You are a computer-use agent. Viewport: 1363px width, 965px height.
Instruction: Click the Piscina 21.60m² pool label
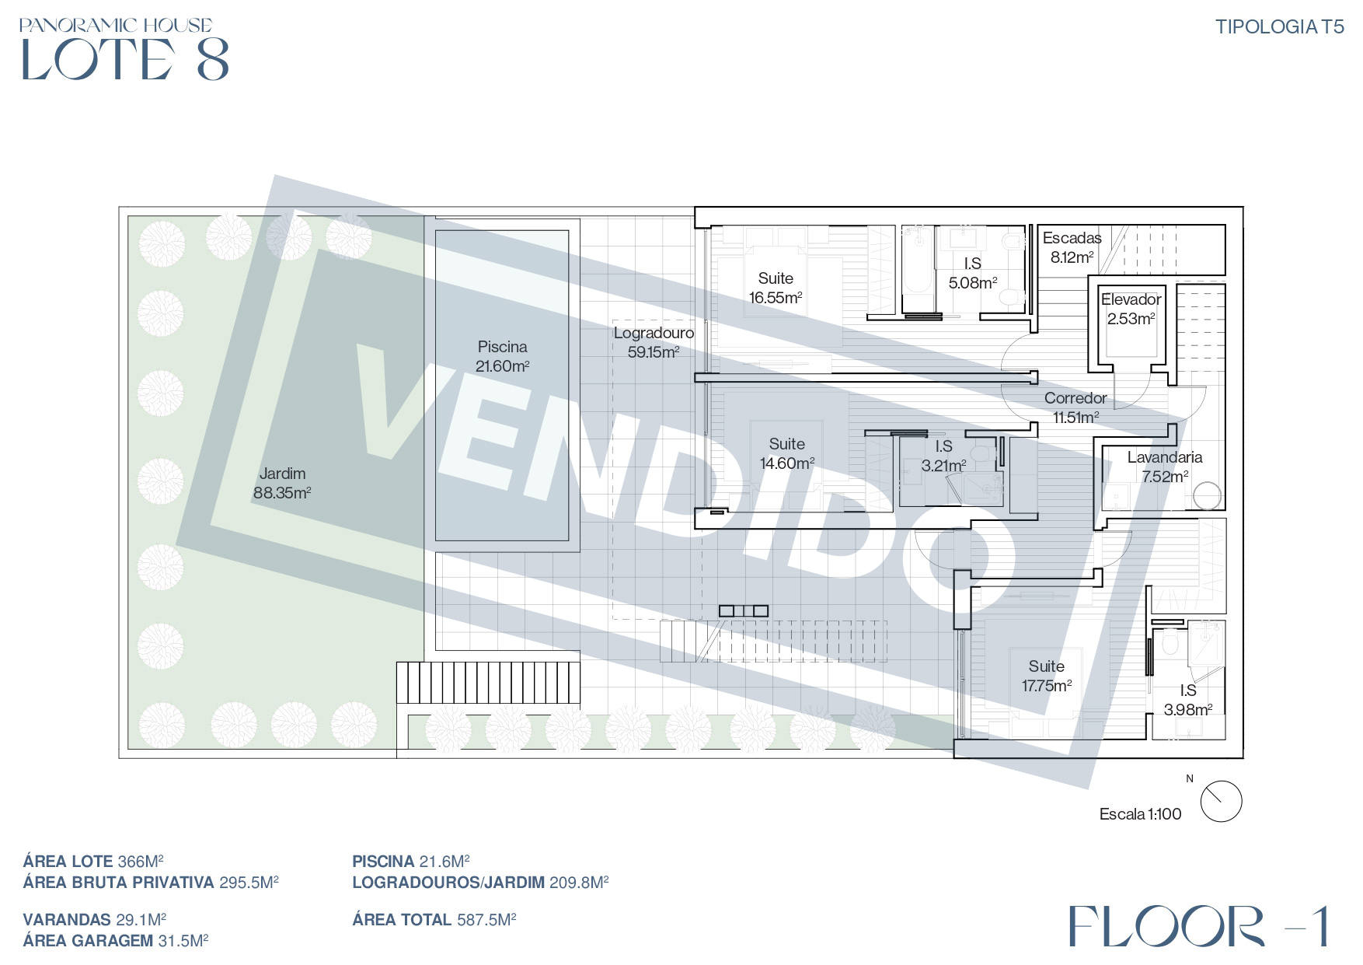[502, 356]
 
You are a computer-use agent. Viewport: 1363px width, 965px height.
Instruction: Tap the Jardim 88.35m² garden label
[282, 483]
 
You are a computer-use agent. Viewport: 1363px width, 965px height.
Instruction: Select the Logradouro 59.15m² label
[654, 342]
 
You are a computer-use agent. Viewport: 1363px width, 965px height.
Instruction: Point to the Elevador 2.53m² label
[1131, 309]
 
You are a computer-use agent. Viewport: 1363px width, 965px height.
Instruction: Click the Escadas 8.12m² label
[1072, 247]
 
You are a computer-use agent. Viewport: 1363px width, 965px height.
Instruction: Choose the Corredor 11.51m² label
[1075, 407]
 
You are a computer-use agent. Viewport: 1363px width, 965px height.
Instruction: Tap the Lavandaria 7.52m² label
[1165, 467]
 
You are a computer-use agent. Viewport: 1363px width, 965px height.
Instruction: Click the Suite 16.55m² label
[776, 288]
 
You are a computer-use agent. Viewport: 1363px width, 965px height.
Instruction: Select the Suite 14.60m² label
[786, 453]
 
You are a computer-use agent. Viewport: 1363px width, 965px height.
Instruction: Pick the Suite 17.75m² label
[1046, 676]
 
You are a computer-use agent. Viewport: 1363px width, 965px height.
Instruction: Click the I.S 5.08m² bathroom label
[972, 273]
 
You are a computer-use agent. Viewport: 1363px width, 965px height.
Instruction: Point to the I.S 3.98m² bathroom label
[1187, 700]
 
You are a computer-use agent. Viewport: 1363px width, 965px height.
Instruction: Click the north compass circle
[1221, 802]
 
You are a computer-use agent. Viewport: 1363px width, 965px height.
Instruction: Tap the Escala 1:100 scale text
[1140, 814]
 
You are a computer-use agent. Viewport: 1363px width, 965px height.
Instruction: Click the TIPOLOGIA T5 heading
[1279, 26]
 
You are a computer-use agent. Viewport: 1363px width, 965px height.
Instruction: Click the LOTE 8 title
[125, 59]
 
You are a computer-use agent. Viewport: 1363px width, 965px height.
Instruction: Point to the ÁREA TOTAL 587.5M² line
[434, 920]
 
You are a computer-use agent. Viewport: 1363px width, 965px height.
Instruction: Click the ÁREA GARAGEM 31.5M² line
[116, 941]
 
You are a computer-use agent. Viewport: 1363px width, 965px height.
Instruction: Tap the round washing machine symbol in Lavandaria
[1208, 496]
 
